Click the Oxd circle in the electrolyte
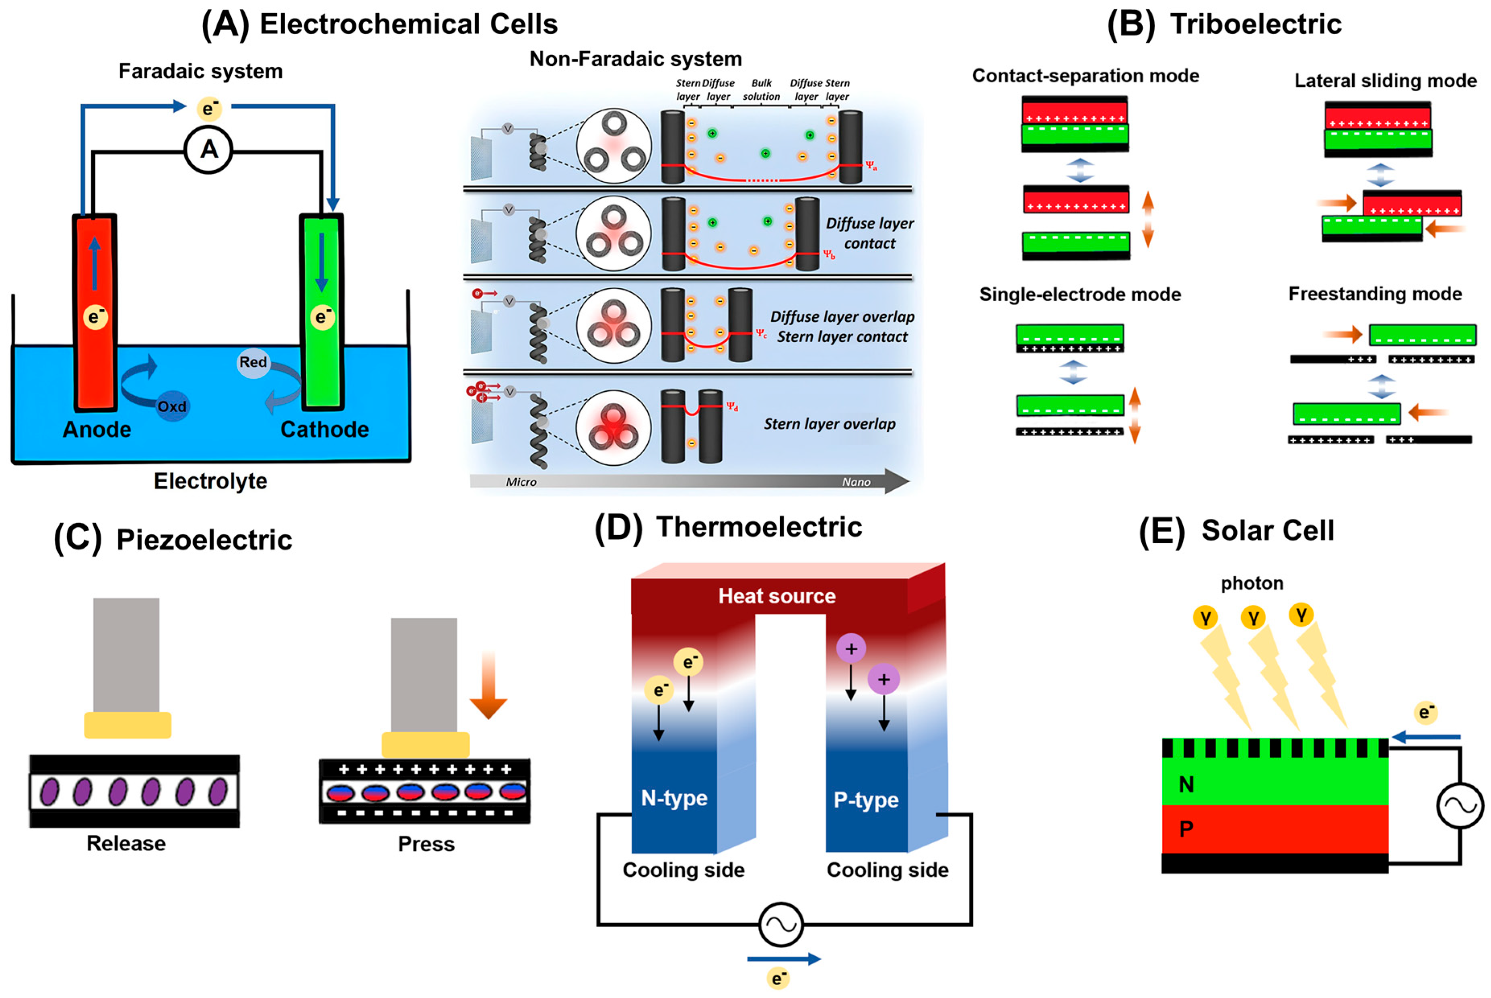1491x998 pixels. pos(172,406)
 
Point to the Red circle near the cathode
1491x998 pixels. pos(253,362)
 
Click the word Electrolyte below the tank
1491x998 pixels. pos(211,481)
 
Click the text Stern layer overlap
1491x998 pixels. pos(830,424)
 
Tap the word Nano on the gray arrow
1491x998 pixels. pos(856,482)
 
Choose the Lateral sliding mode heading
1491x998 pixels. pos(1385,81)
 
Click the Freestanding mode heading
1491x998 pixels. pos(1375,294)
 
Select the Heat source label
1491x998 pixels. pos(777,596)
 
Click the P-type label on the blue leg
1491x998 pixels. pos(866,799)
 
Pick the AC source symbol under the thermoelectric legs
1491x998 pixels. pos(781,924)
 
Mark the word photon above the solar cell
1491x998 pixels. pos(1252,583)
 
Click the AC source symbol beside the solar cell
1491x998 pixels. pos(1460,806)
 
